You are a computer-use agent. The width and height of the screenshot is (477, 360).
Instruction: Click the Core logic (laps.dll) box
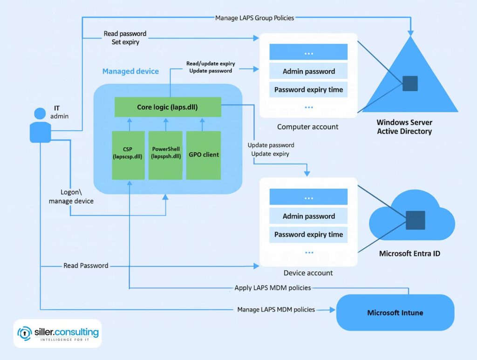tap(168, 107)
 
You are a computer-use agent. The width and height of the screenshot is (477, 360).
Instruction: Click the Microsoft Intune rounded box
tap(395, 312)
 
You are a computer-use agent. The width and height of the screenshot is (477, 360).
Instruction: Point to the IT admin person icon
tap(41, 125)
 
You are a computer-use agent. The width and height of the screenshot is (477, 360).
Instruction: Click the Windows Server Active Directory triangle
tap(410, 84)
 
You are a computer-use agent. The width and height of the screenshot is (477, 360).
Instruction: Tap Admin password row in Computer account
tap(308, 71)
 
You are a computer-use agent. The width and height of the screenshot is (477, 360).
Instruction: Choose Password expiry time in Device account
tap(308, 234)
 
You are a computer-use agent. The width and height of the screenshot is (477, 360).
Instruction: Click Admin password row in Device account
tap(308, 216)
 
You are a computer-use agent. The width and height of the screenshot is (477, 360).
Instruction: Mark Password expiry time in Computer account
tap(308, 89)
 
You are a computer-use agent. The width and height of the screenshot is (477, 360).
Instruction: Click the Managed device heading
tap(130, 71)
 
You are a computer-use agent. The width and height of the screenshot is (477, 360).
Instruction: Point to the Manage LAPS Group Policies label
tap(255, 18)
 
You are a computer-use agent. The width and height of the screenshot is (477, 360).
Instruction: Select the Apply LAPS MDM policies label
tap(273, 288)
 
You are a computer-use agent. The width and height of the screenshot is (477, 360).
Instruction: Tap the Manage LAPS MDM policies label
tap(276, 309)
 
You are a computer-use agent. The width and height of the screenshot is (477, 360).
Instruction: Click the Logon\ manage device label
tap(71, 197)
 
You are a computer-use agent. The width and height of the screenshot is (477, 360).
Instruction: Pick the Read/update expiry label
tap(211, 63)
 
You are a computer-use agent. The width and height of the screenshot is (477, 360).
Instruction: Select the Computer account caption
tap(307, 127)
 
